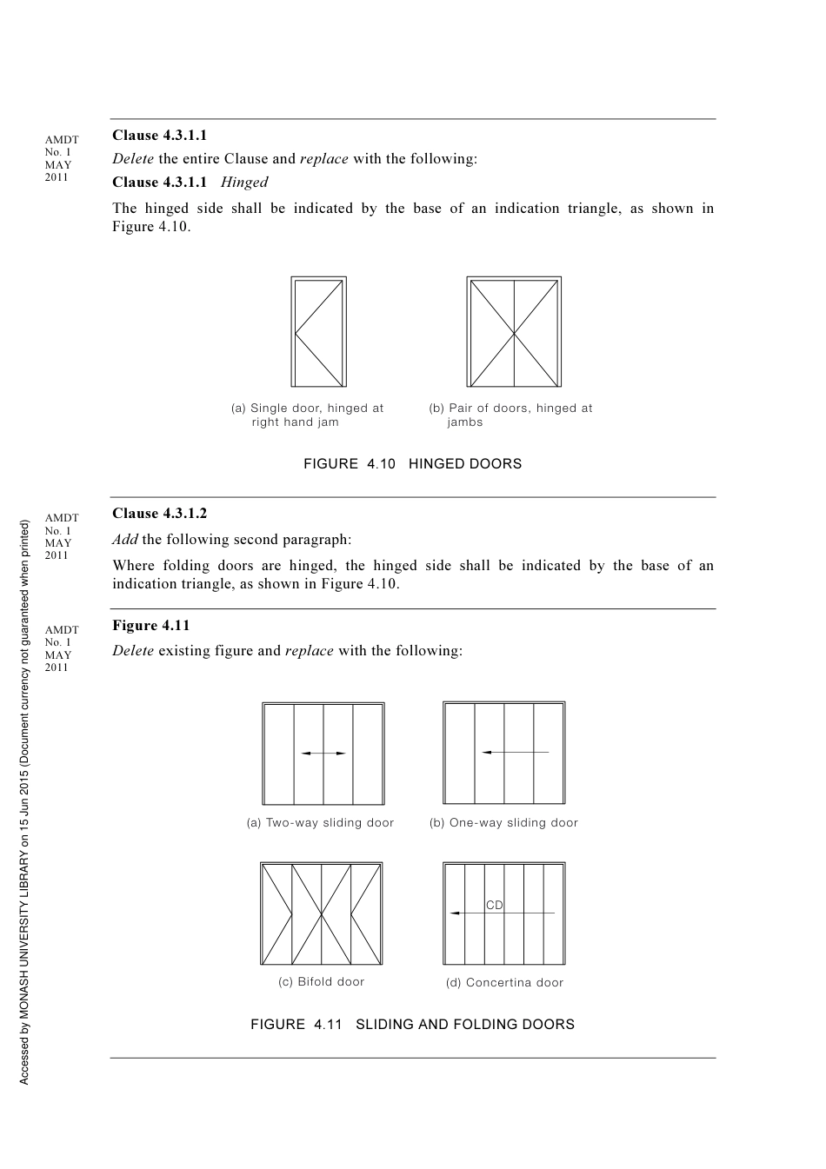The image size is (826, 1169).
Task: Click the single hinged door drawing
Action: click(x=318, y=332)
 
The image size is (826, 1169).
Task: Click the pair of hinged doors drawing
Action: click(x=514, y=332)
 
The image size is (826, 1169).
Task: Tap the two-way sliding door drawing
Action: click(x=323, y=754)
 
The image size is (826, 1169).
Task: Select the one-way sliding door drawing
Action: click(x=504, y=753)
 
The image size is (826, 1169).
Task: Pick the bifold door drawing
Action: click(x=322, y=913)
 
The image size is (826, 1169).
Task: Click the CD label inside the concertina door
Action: click(x=495, y=905)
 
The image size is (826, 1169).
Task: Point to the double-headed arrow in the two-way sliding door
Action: click(x=323, y=754)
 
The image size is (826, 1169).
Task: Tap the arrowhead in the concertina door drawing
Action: click(x=455, y=913)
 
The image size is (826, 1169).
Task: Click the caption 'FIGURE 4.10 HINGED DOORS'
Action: click(x=413, y=464)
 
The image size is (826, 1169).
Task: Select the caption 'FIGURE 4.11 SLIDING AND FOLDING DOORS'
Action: click(x=413, y=1025)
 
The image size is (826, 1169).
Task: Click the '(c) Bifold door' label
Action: click(x=322, y=982)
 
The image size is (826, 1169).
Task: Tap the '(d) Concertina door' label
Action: click(x=505, y=983)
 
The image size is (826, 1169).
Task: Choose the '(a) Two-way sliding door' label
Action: click(x=321, y=823)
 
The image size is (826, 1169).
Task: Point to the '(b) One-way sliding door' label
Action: click(x=504, y=823)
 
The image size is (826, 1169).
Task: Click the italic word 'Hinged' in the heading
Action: click(x=244, y=183)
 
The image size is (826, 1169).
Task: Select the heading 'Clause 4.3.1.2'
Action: click(x=160, y=514)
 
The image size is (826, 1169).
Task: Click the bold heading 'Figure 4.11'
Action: click(x=151, y=626)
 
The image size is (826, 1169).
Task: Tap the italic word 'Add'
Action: click(x=125, y=540)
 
